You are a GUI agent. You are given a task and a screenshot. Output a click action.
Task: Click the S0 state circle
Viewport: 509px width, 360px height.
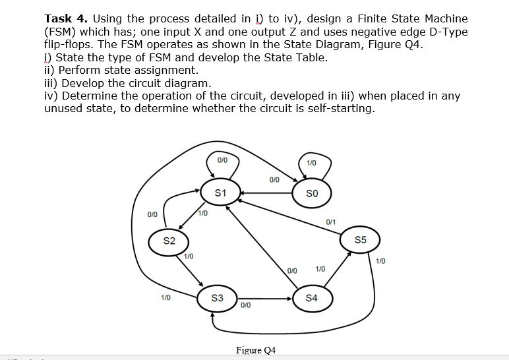pos(313,193)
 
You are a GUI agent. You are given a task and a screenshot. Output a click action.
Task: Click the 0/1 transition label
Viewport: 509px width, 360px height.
pos(330,222)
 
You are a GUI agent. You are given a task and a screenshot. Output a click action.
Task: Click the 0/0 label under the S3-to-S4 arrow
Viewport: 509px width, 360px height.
pos(245,305)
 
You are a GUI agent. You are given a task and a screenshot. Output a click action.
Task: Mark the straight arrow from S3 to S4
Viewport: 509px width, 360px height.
pos(264,298)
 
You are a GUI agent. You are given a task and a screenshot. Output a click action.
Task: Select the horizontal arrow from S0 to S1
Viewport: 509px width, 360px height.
pos(267,193)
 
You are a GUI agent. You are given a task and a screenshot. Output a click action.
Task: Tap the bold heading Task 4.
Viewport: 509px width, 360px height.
pos(66,18)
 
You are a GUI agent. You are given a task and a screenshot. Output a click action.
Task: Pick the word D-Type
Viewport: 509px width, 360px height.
pos(448,32)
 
